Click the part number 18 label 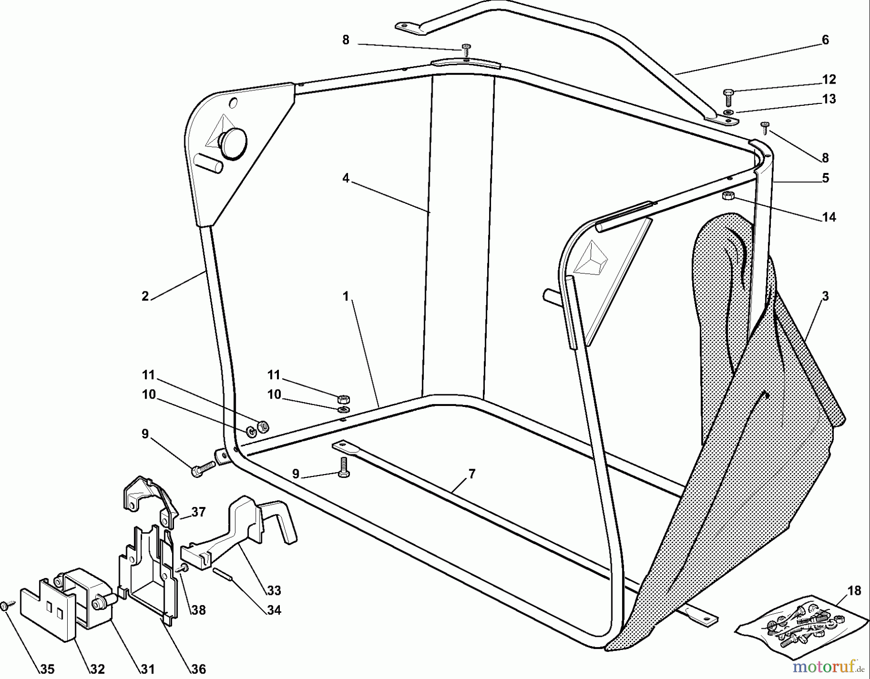point(854,591)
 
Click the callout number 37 point(198,512)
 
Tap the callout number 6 point(825,40)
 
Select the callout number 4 point(346,178)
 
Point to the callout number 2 point(145,296)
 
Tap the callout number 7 point(472,474)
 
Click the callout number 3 point(825,296)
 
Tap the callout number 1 point(346,296)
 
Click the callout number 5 point(825,178)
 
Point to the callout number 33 point(274,591)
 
